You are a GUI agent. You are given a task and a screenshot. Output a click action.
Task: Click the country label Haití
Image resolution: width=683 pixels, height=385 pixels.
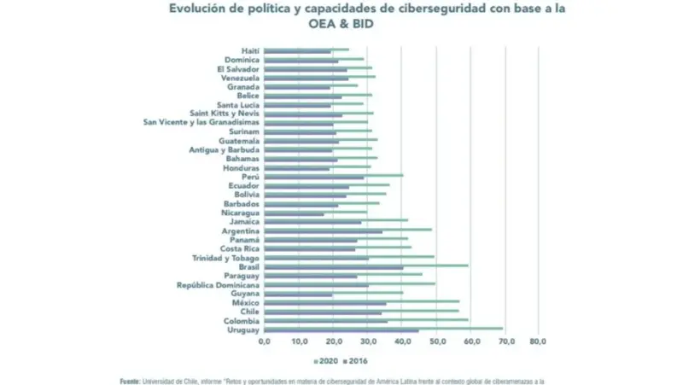pos(250,51)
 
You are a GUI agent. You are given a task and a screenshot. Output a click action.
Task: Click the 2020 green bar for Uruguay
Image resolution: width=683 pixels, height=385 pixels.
pos(383,327)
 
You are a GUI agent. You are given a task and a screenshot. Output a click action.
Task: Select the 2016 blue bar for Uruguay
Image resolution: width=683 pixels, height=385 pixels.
pos(341,331)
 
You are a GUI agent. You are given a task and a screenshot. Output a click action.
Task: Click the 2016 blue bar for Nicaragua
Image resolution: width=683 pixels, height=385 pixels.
pos(295,214)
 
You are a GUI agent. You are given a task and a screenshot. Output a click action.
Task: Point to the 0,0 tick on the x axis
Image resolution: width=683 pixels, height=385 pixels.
pos(264,341)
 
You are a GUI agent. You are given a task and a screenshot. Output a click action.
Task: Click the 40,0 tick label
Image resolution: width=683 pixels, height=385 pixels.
pos(401,341)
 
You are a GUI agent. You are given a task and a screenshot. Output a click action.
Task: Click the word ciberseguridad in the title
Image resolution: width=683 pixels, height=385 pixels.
pos(439,9)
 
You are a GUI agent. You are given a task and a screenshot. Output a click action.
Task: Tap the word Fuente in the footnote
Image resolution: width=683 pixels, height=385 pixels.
pos(129,381)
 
